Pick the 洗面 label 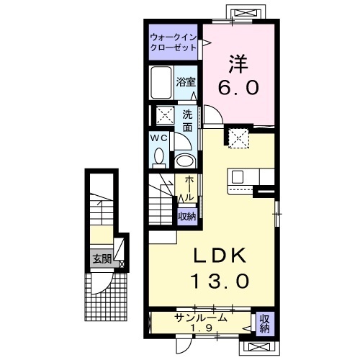coord(187,120)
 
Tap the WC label coord(160,138)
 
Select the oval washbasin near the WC coord(186,161)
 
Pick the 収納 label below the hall coord(186,215)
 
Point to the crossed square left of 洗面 coord(165,115)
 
